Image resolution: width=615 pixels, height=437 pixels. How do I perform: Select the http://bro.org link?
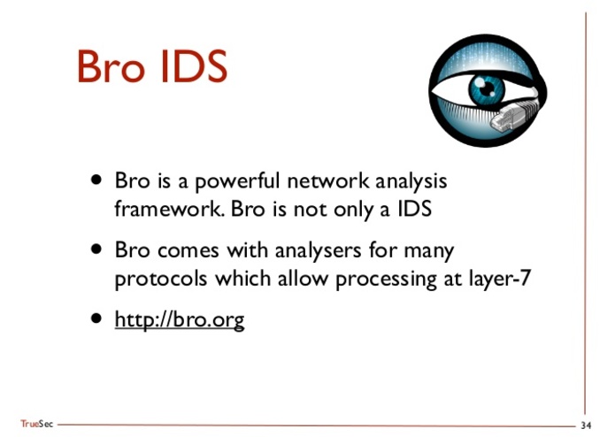pos(179,318)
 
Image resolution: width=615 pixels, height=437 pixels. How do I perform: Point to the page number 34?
pos(586,425)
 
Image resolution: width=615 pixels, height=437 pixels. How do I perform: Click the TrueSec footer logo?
pos(36,425)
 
